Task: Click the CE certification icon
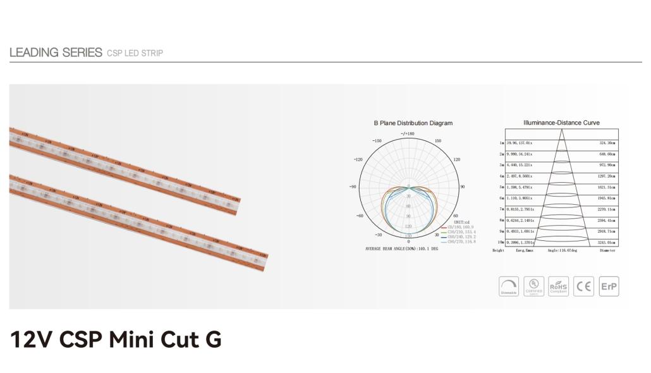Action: pyautogui.click(x=583, y=286)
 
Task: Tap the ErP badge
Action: pyautogui.click(x=609, y=286)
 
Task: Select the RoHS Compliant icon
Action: pyautogui.click(x=559, y=286)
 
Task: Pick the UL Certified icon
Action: pyautogui.click(x=534, y=286)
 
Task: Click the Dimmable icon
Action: pyautogui.click(x=509, y=286)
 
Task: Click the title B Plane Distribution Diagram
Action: pyautogui.click(x=413, y=123)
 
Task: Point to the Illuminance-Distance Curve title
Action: pyautogui.click(x=561, y=123)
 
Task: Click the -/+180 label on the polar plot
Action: pyautogui.click(x=408, y=133)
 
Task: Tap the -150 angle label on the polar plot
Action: pyautogui.click(x=377, y=141)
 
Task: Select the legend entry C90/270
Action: pyautogui.click(x=460, y=242)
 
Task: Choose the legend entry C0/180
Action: pyautogui.click(x=460, y=226)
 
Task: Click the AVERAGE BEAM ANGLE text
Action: pyautogui.click(x=401, y=248)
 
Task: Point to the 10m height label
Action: pyautogui.click(x=501, y=242)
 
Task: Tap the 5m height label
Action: pyautogui.click(x=501, y=187)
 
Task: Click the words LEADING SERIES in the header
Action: pyautogui.click(x=56, y=52)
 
